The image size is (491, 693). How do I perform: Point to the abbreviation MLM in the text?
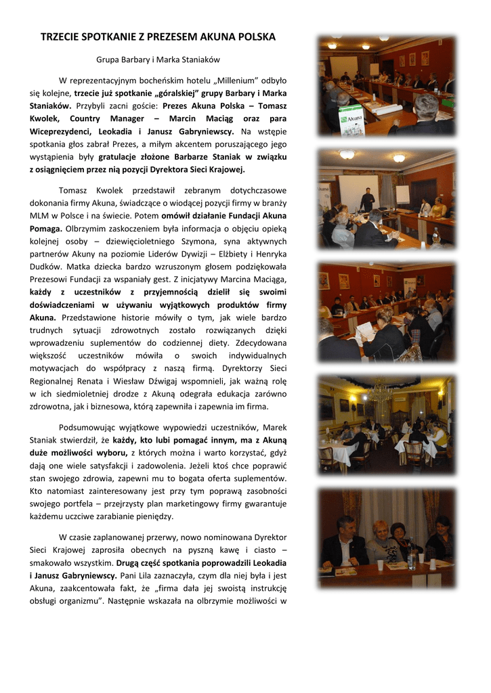[40, 215]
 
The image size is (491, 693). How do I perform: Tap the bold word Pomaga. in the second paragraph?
[46, 229]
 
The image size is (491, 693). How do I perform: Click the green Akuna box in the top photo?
[351, 120]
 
